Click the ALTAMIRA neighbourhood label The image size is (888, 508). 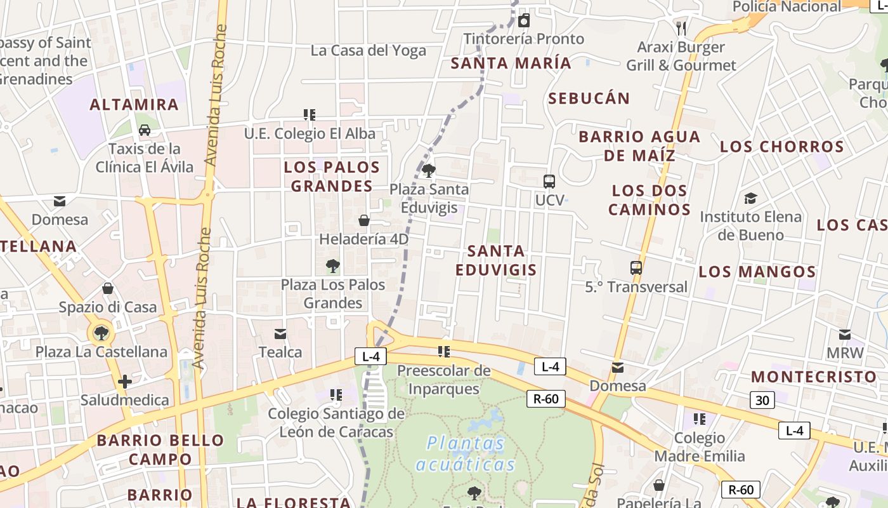pyautogui.click(x=134, y=105)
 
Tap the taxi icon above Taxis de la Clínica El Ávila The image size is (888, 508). pyautogui.click(x=145, y=130)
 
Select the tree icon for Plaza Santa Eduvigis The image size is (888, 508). pyautogui.click(x=429, y=170)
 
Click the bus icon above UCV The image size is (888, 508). pyautogui.click(x=549, y=181)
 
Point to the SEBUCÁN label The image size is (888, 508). pyautogui.click(x=589, y=98)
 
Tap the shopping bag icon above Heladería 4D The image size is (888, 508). pyautogui.click(x=364, y=220)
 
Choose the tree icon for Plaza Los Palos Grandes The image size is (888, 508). pyautogui.click(x=333, y=266)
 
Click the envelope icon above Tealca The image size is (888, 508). pyautogui.click(x=280, y=334)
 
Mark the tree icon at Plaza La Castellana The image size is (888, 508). pyautogui.click(x=101, y=332)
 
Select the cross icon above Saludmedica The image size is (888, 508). pyautogui.click(x=125, y=382)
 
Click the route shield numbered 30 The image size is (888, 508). pyautogui.click(x=762, y=400)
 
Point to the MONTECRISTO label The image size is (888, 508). pyautogui.click(x=814, y=377)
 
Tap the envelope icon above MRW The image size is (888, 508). pyautogui.click(x=845, y=334)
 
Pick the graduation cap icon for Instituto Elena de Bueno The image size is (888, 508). pyautogui.click(x=751, y=198)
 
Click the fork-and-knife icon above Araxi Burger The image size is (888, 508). pyautogui.click(x=681, y=28)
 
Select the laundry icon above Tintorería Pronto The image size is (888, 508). pyautogui.click(x=524, y=21)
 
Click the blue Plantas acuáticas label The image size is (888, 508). pyautogui.click(x=466, y=453)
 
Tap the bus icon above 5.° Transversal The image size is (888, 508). pyautogui.click(x=636, y=268)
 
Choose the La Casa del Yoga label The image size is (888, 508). pyautogui.click(x=369, y=51)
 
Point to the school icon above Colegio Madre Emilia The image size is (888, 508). pyautogui.click(x=700, y=419)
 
